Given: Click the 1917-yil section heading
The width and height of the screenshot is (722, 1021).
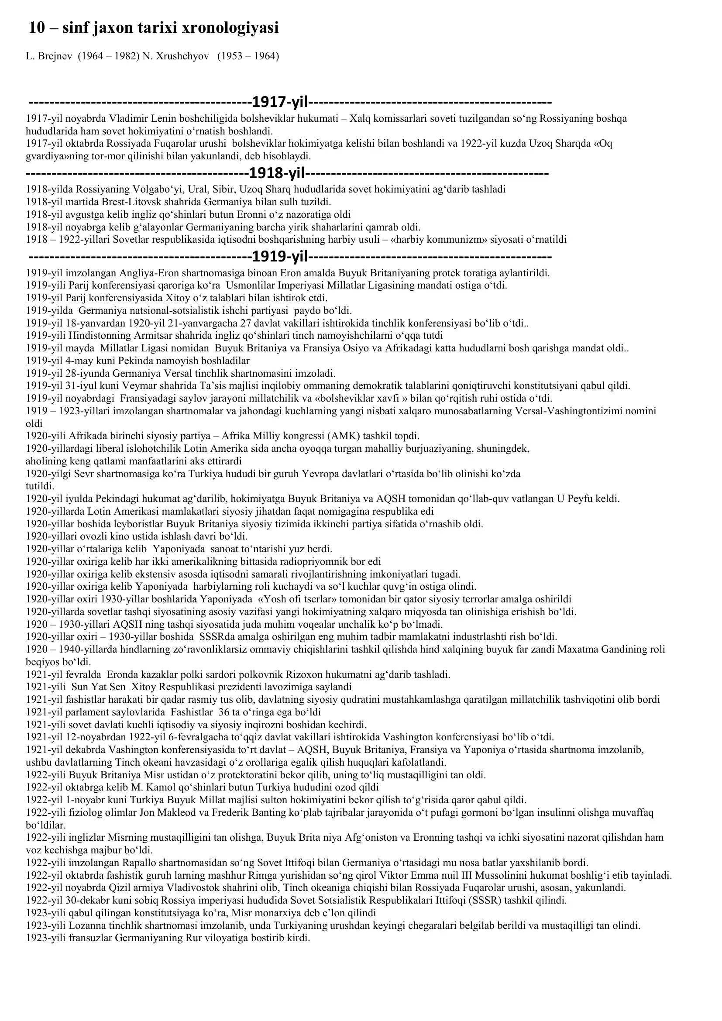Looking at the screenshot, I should click(x=280, y=103).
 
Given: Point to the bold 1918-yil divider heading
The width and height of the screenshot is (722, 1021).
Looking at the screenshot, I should click(x=278, y=173).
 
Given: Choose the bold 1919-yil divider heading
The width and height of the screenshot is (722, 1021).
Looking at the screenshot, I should click(x=280, y=257).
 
